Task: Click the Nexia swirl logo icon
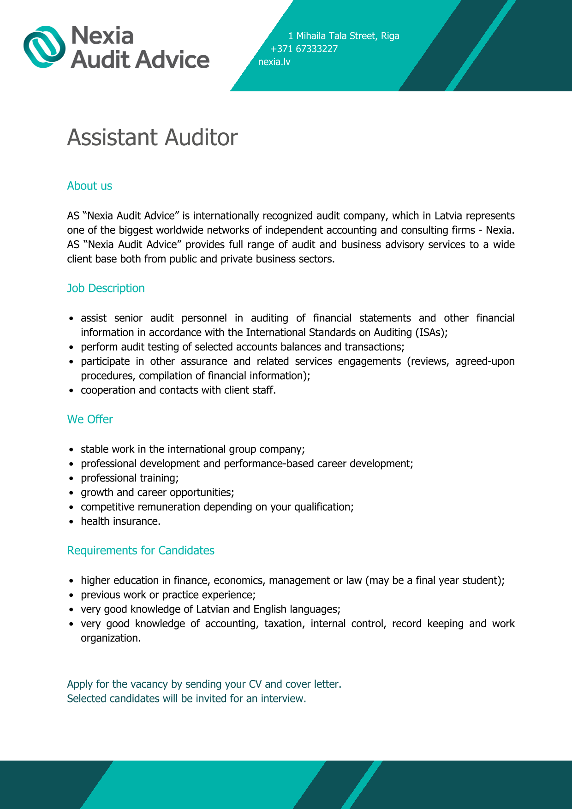click(44, 47)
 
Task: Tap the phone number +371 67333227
click(304, 49)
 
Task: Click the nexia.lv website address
click(274, 62)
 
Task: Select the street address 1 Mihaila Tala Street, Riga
click(344, 36)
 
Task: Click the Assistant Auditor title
click(152, 137)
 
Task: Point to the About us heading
click(89, 186)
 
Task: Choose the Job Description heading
click(106, 288)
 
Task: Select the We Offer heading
click(90, 419)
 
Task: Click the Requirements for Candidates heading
click(141, 550)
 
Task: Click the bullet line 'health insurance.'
click(120, 521)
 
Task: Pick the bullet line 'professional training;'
click(130, 478)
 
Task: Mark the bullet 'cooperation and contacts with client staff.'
click(178, 390)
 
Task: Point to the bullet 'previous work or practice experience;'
click(168, 595)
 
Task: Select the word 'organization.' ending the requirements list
click(111, 638)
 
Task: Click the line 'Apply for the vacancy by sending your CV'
click(204, 684)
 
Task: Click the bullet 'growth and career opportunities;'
click(157, 492)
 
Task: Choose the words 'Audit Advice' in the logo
click(140, 60)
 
